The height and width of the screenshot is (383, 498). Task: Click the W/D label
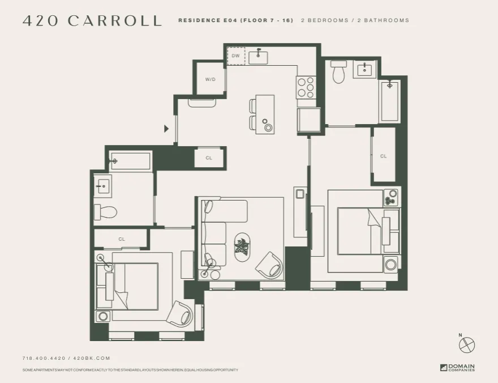210,79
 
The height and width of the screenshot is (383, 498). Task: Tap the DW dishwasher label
236,56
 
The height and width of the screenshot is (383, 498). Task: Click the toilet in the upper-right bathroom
338,73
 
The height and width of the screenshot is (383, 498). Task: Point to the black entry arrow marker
166,129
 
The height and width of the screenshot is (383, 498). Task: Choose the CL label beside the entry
209,158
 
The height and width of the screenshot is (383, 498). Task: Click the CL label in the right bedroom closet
383,156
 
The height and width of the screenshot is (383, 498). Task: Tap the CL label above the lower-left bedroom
122,239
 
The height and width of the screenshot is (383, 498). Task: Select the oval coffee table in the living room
243,248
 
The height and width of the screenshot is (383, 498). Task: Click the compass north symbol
467,344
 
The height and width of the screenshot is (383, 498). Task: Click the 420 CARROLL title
92,21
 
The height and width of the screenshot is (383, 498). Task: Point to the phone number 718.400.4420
44,358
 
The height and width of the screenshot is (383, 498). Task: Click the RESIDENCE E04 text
207,20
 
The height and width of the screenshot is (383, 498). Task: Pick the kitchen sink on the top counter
260,56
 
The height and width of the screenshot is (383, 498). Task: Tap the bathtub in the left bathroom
131,161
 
